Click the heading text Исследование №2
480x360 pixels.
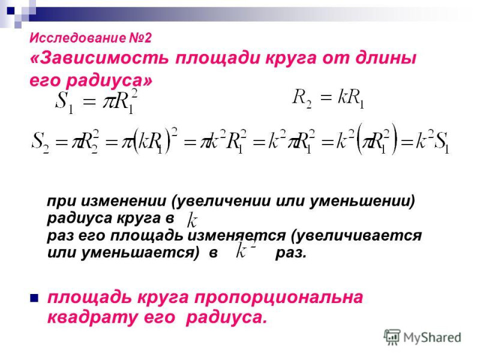(x=91, y=38)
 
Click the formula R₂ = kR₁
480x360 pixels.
(x=328, y=98)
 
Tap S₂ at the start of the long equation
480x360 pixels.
(x=40, y=142)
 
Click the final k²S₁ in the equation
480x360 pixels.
(x=432, y=141)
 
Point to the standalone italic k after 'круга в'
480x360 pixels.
(x=192, y=220)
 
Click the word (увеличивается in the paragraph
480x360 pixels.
(x=356, y=236)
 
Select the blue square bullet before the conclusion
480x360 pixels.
(x=34, y=298)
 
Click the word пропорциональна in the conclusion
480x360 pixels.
(x=278, y=298)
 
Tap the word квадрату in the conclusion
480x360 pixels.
(x=92, y=317)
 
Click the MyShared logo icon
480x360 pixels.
(x=392, y=337)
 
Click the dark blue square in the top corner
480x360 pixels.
(x=11, y=11)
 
